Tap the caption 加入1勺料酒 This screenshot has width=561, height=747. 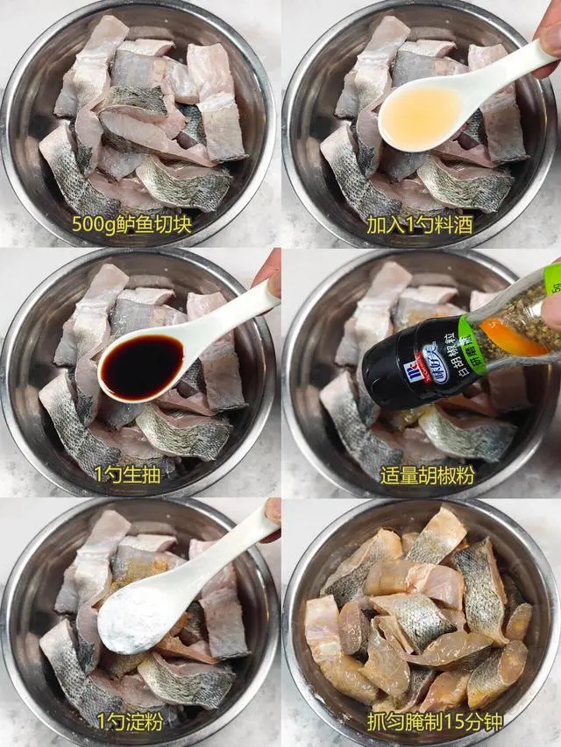pos(420,225)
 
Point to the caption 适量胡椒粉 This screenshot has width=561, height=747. pos(421,475)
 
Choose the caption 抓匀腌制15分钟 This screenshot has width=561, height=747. pos(421,724)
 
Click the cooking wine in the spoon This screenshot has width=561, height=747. pos(419,117)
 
